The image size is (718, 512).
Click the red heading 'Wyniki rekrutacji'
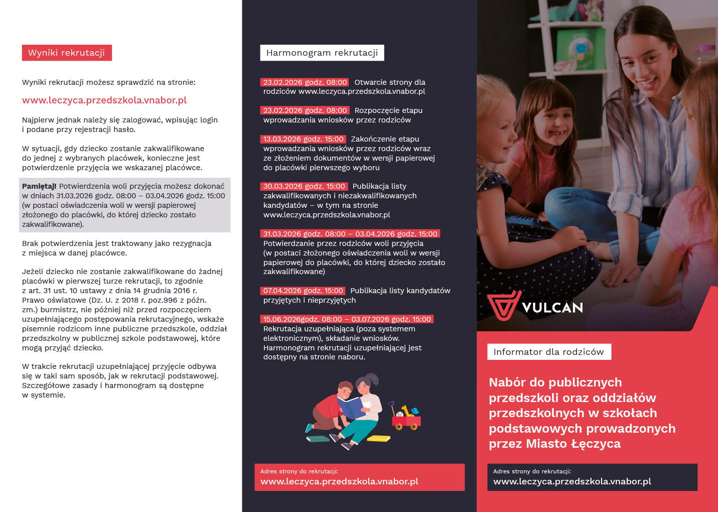(x=67, y=53)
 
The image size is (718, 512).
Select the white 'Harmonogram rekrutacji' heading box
(x=322, y=53)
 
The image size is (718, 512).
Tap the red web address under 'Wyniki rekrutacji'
(x=104, y=100)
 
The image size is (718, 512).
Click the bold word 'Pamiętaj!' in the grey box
(x=39, y=186)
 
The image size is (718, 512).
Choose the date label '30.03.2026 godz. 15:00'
(x=304, y=186)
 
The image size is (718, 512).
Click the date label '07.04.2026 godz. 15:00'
(x=303, y=291)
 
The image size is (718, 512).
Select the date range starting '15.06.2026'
(x=347, y=319)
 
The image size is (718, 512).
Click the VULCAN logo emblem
(x=503, y=305)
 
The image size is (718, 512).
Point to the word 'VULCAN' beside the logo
(x=552, y=308)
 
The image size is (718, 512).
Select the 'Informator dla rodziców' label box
(x=549, y=352)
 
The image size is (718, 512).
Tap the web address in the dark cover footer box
(x=572, y=481)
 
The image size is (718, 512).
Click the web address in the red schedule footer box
(x=339, y=481)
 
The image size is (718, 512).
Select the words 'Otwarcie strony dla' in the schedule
(x=390, y=82)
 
